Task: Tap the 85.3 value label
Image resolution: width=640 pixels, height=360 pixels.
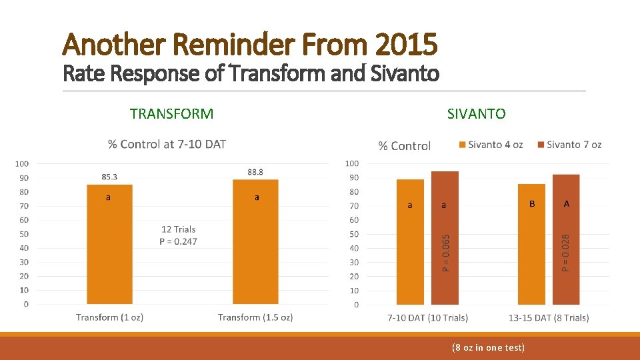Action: tap(110, 177)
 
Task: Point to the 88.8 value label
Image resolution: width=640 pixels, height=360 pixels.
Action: tap(255, 172)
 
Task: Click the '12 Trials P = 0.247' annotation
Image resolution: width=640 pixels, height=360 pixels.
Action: tap(179, 235)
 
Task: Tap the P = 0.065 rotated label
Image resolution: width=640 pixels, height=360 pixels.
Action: tap(447, 252)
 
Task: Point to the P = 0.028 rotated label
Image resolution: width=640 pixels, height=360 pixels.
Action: tap(565, 252)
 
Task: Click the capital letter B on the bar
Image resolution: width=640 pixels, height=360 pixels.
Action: tap(532, 204)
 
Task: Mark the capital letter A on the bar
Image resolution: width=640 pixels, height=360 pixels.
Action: tap(567, 204)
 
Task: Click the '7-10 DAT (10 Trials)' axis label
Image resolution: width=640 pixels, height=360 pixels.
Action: tap(427, 317)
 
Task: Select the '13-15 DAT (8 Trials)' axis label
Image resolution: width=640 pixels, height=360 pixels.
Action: tap(549, 317)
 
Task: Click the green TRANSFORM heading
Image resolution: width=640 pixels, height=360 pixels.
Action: tap(172, 114)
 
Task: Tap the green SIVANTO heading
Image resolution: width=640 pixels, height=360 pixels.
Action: tap(477, 114)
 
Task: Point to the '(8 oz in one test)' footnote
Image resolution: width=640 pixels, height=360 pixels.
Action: tap(488, 347)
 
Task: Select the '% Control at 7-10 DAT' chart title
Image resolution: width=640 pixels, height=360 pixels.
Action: tap(167, 144)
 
